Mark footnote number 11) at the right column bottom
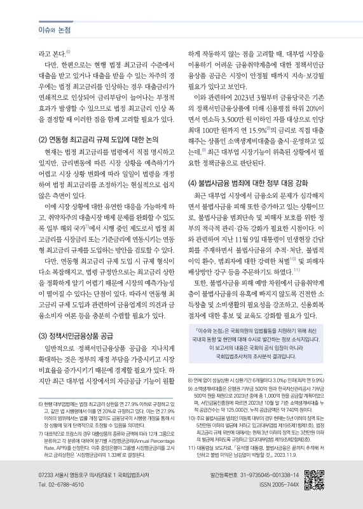[191, 448]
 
